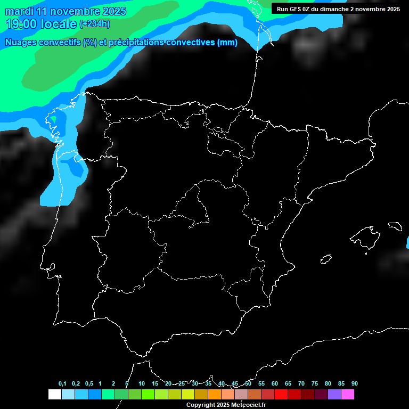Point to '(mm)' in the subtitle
click(x=227, y=43)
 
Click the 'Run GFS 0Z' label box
click(x=338, y=9)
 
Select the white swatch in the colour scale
click(x=54, y=395)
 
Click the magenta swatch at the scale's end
click(x=347, y=395)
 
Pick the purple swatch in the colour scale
click(x=334, y=395)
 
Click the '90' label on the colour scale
click(x=354, y=384)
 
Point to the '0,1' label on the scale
click(x=62, y=384)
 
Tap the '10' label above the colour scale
click(x=141, y=384)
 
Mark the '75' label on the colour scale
click(x=314, y=384)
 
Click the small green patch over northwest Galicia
click(x=54, y=119)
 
